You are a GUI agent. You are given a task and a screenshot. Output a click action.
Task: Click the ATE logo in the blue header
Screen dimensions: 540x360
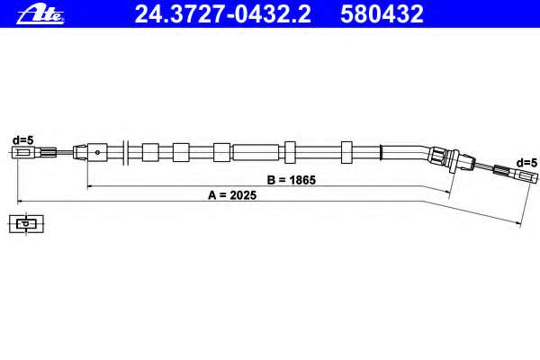click(40, 14)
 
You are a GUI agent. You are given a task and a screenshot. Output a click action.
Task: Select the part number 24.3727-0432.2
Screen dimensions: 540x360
click(223, 14)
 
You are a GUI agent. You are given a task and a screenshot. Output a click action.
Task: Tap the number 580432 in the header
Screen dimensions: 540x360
click(382, 14)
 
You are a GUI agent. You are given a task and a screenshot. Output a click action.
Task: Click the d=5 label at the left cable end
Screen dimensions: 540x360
click(23, 140)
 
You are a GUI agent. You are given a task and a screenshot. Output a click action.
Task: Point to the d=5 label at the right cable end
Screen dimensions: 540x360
click(526, 163)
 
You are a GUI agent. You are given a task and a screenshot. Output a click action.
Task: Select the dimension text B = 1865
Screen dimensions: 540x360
click(292, 180)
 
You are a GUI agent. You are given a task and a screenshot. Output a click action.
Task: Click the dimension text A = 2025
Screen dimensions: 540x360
click(232, 195)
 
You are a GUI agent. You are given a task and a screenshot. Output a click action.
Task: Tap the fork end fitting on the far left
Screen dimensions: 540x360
click(23, 153)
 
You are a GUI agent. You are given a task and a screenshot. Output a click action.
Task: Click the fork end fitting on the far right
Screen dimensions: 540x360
click(526, 177)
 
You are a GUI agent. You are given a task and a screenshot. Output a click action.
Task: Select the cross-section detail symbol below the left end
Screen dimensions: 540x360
click(26, 224)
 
